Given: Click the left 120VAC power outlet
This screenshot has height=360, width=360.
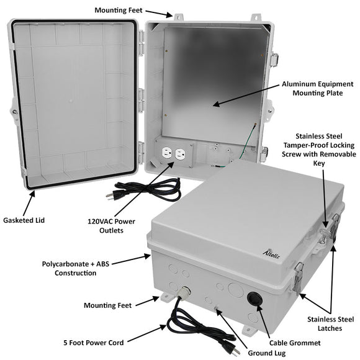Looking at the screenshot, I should click(x=166, y=152).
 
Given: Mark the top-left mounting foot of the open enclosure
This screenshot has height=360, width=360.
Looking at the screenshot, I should click(x=177, y=17).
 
